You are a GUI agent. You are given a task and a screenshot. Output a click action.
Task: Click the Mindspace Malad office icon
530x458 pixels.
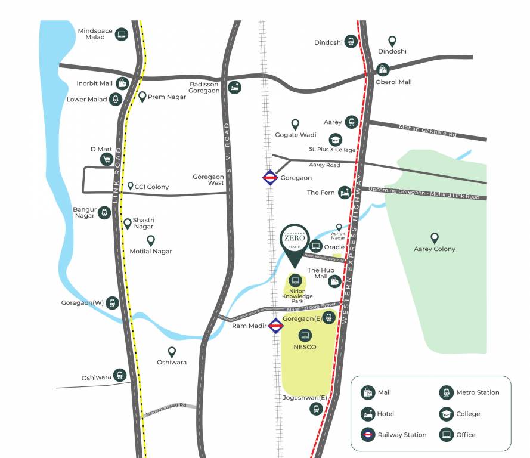pyautogui.click(x=121, y=34)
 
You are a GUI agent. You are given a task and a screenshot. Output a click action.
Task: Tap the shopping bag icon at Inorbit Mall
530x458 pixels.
pyautogui.click(x=122, y=83)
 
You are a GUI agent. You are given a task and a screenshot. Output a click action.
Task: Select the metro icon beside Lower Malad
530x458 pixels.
pyautogui.click(x=116, y=100)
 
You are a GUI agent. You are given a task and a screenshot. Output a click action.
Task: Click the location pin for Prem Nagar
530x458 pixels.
pyautogui.click(x=142, y=96)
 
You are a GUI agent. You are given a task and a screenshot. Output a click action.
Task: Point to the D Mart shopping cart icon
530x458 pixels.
pyautogui.click(x=107, y=159)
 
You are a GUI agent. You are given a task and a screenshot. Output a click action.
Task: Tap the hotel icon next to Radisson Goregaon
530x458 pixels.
pyautogui.click(x=235, y=88)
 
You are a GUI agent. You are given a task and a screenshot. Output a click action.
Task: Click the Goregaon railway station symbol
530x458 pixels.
pyautogui.click(x=269, y=178)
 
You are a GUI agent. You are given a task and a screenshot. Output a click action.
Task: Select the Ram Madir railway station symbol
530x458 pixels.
pyautogui.click(x=275, y=326)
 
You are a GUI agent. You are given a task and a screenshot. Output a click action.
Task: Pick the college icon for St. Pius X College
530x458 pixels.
pyautogui.click(x=336, y=140)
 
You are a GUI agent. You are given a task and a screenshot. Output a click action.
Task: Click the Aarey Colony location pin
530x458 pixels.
pyautogui.click(x=435, y=238)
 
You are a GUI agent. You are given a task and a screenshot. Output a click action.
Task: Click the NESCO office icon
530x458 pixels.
pyautogui.click(x=305, y=335)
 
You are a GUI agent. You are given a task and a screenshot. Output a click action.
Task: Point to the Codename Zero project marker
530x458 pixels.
pyautogui.click(x=294, y=245)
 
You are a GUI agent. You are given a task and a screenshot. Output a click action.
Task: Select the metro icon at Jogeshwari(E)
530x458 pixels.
pyautogui.click(x=316, y=409)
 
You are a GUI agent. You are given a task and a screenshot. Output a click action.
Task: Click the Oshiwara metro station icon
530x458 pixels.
pyautogui.click(x=120, y=375)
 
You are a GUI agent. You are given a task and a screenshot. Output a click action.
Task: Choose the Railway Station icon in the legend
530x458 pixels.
pyautogui.click(x=368, y=434)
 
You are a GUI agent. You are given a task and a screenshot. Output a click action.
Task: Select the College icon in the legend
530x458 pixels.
pyautogui.click(x=446, y=414)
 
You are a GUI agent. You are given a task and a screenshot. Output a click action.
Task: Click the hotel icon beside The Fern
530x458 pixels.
pyautogui.click(x=344, y=193)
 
